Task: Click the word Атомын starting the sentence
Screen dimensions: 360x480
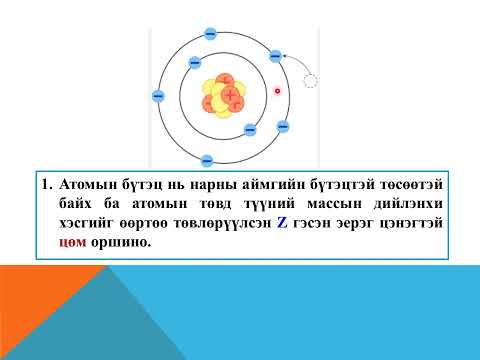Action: (x=86, y=187)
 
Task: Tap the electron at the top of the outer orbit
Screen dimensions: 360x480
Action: (x=210, y=33)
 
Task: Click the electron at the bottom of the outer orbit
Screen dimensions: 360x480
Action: (x=207, y=160)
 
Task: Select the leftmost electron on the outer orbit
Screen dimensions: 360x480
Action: (x=158, y=96)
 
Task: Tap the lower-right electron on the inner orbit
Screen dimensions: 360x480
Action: (x=251, y=129)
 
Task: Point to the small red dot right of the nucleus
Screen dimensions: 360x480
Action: (x=278, y=91)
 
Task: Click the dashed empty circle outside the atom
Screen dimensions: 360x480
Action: (x=311, y=81)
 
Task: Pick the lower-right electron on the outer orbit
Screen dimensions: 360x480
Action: (x=282, y=126)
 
